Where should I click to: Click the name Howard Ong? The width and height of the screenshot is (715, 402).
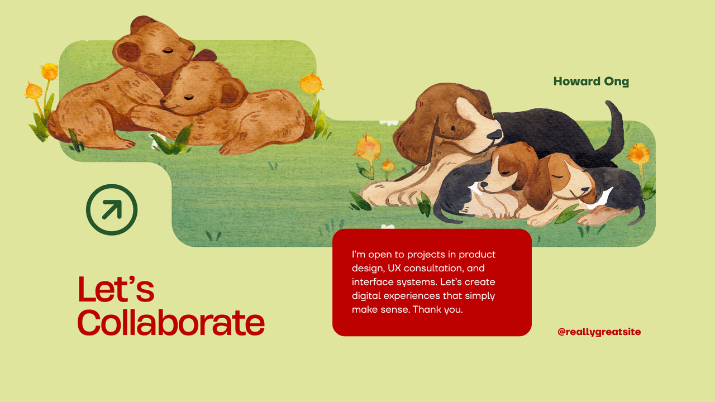coord(591,82)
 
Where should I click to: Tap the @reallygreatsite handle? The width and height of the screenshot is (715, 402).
coord(599,332)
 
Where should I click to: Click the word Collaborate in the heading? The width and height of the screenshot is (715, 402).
coord(170,322)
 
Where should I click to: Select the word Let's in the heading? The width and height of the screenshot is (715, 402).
coord(116,289)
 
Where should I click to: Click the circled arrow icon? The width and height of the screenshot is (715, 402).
coord(112,209)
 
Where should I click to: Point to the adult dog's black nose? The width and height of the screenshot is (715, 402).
coord(494,134)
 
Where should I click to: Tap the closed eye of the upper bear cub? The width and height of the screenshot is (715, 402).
coord(168,50)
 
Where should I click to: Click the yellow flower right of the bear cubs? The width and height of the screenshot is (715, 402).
coord(311,84)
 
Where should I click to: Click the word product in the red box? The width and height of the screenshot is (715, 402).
coord(478,255)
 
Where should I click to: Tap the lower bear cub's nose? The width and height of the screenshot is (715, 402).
coord(163,102)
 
